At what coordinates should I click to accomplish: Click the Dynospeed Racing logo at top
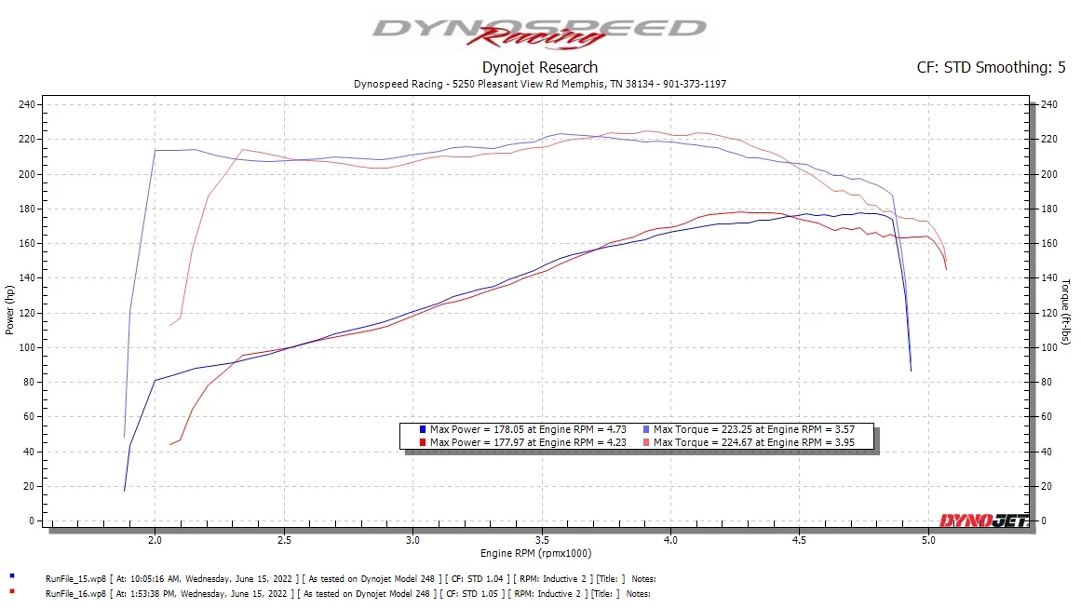click(539, 31)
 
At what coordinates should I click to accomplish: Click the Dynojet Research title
click(540, 67)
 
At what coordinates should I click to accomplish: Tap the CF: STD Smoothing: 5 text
click(992, 67)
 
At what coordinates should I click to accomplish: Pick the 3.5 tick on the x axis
click(541, 539)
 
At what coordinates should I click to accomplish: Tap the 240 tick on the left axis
click(27, 104)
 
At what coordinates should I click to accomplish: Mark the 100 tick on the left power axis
click(27, 347)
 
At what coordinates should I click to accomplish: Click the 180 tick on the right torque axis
click(1048, 209)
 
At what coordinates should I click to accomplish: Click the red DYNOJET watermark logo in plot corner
click(983, 520)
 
